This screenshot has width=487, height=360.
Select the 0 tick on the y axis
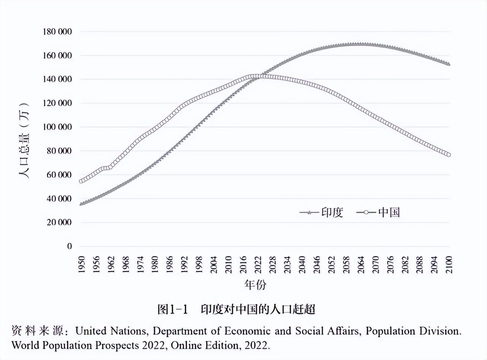pyautogui.click(x=69, y=246)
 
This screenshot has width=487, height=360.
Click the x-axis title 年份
pyautogui.click(x=256, y=285)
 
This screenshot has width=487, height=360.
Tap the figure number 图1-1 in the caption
pyautogui.click(x=173, y=309)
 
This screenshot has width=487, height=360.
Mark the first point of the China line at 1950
pyautogui.click(x=81, y=181)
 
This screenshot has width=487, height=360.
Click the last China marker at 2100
pyautogui.click(x=449, y=155)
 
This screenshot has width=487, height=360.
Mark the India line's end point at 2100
pyautogui.click(x=449, y=64)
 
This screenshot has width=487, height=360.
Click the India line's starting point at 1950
pyautogui.click(x=81, y=204)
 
